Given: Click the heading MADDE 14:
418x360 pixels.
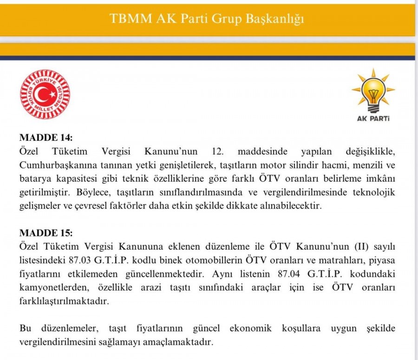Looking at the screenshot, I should click(46, 138).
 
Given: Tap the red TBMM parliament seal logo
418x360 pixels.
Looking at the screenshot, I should click(45, 94).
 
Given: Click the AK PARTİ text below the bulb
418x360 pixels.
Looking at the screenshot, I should click(373, 118).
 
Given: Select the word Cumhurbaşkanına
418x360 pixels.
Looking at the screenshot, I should click(54, 165).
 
